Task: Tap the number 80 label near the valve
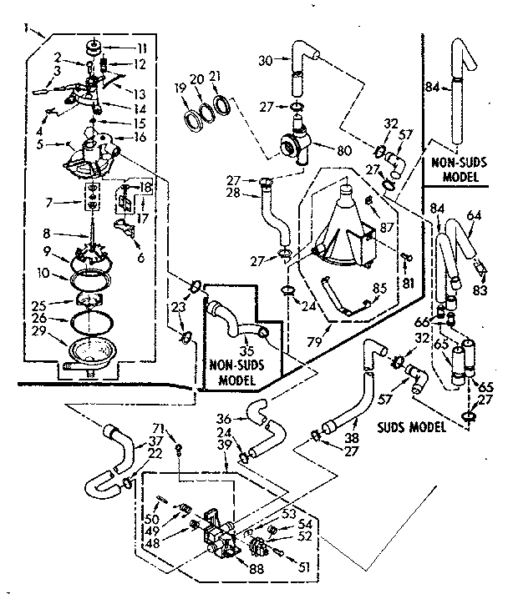[x=343, y=153]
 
